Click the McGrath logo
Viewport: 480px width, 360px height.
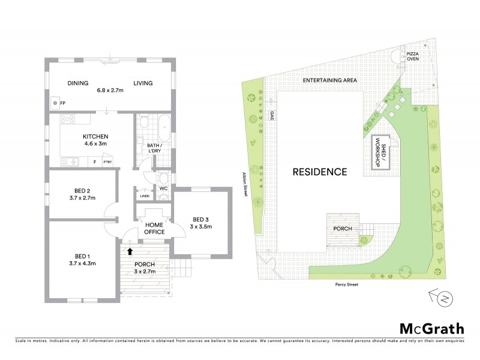[x=432, y=328]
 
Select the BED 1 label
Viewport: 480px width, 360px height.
[x=82, y=259]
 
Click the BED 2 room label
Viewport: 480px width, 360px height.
[x=82, y=194]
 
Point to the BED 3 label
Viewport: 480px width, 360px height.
[x=201, y=223]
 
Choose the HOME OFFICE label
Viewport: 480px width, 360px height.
[x=154, y=229]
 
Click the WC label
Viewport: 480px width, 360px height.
[x=163, y=189]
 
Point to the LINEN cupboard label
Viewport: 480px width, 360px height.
[x=144, y=196]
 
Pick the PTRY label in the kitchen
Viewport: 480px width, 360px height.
[x=107, y=162]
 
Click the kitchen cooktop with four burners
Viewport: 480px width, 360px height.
[x=66, y=119]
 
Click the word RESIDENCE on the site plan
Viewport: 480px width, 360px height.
[x=319, y=172]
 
